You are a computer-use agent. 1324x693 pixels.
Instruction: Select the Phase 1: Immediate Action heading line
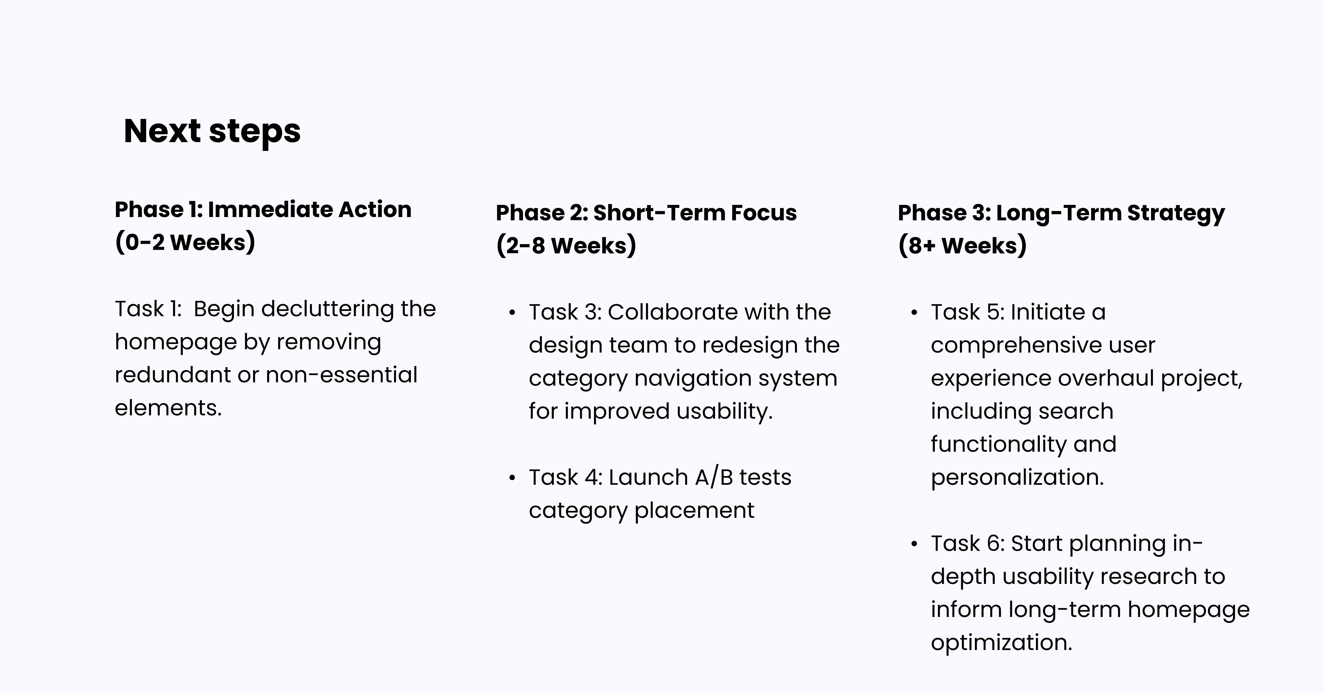point(263,210)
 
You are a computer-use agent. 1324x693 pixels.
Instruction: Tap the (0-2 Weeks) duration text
point(185,242)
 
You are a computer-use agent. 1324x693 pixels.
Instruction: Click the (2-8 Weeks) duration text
point(566,245)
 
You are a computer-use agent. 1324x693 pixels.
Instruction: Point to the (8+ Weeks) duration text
point(962,245)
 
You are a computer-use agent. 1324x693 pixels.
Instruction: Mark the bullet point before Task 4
point(512,478)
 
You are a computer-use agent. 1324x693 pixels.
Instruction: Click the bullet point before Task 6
point(914,544)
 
